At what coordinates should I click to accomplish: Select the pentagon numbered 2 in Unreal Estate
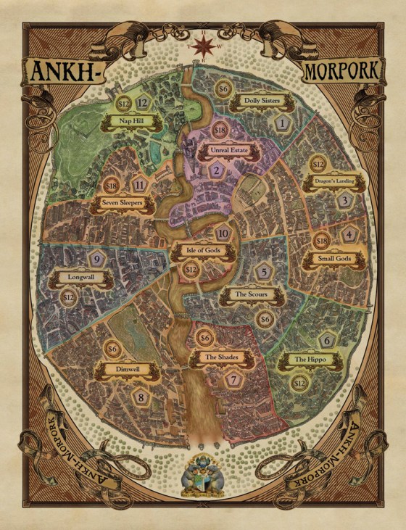217,171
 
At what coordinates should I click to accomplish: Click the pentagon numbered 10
224,233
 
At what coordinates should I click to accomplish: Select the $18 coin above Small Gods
321,239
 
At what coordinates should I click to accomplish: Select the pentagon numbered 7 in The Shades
232,379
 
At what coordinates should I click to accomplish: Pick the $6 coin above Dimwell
112,349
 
